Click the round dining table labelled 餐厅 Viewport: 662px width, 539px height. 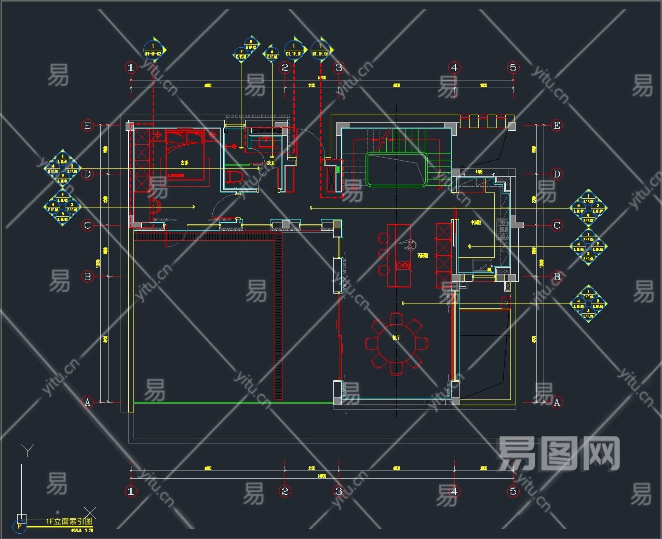pos(396,343)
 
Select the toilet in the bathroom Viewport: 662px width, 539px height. pos(234,177)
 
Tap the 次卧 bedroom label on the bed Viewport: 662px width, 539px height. pos(184,163)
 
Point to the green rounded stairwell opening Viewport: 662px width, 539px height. pos(397,169)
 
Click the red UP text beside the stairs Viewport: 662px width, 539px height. pos(440,188)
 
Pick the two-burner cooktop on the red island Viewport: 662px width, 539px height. pos(402,265)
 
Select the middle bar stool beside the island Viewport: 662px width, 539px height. pos(383,254)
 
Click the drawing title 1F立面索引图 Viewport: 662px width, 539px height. pos(69,521)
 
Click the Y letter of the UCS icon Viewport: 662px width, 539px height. pos(28,450)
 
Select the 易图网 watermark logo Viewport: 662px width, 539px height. pos(559,453)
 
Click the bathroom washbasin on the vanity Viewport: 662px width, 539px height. pos(266,141)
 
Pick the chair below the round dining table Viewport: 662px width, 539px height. pos(396,369)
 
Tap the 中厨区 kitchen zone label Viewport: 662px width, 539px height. pos(476,223)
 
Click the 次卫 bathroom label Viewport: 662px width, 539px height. pos(271,163)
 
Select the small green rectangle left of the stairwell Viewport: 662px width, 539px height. pos(339,169)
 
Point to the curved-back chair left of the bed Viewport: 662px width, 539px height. pos(155,206)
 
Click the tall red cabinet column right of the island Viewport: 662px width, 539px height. pos(443,255)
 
